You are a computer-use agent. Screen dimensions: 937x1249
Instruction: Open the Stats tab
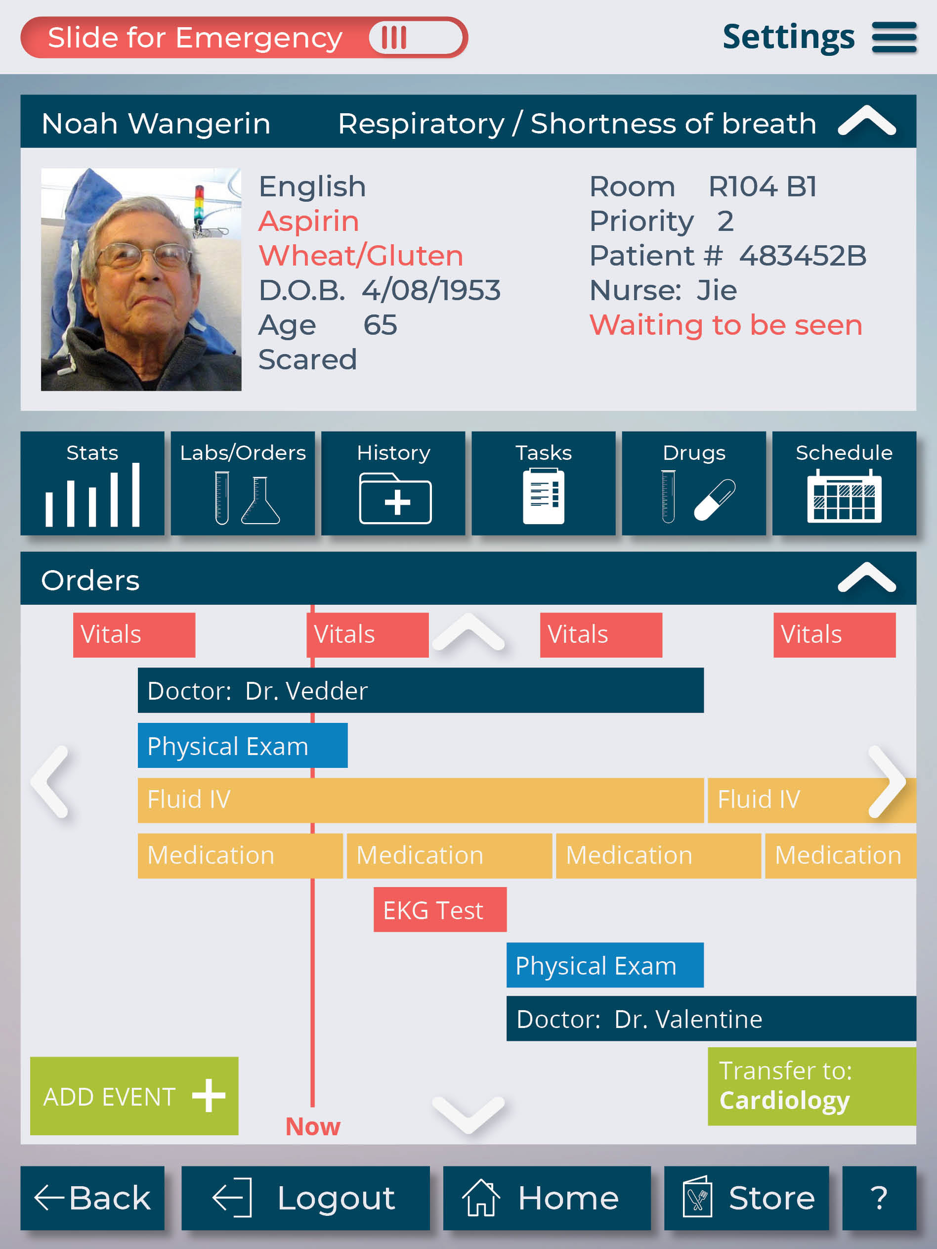[x=92, y=484]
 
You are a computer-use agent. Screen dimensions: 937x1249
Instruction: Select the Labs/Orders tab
[x=243, y=484]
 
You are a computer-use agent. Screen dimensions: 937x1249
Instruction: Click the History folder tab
[x=393, y=484]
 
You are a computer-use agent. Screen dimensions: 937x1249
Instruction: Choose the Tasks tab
[x=544, y=484]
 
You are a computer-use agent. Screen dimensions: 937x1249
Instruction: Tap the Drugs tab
[x=694, y=484]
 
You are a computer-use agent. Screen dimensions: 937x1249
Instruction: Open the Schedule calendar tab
[x=845, y=484]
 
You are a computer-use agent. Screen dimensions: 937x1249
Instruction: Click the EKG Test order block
[x=440, y=910]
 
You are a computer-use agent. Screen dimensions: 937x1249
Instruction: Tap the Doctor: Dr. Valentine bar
[x=711, y=1019]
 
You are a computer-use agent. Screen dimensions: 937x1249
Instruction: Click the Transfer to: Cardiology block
[x=811, y=1086]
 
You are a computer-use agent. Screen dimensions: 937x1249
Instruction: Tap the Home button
[x=547, y=1198]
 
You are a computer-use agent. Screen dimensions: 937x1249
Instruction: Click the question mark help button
[x=879, y=1198]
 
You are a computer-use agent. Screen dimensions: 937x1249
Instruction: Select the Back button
[x=92, y=1198]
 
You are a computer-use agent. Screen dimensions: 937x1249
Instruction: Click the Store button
[x=747, y=1198]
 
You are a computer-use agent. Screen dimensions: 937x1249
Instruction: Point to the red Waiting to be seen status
[x=726, y=325]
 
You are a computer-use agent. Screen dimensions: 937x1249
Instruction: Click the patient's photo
[x=141, y=279]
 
